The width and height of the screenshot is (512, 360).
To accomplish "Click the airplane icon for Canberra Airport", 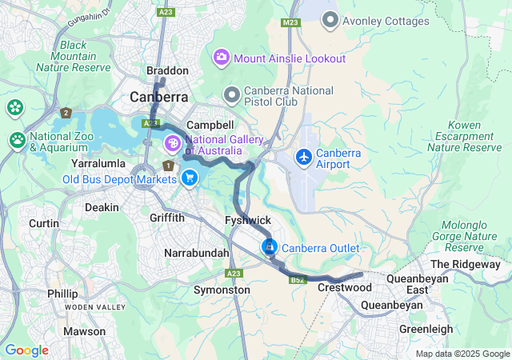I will [x=304, y=158].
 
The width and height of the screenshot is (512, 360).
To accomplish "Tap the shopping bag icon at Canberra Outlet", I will [x=270, y=247].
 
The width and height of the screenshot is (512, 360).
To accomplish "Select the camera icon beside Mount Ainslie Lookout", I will [x=221, y=58].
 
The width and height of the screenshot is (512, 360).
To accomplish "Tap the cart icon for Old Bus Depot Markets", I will [x=190, y=178].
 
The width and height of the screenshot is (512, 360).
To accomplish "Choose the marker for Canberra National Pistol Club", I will [x=232, y=96].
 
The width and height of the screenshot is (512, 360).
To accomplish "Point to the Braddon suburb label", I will [x=167, y=71].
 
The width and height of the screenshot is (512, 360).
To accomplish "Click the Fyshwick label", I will [x=249, y=220].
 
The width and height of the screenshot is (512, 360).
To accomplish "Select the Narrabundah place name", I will [x=196, y=253].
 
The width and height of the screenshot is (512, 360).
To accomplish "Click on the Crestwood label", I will [x=342, y=287].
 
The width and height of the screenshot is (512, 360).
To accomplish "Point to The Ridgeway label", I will [x=465, y=264].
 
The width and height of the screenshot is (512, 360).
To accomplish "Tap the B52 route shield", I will [x=298, y=280].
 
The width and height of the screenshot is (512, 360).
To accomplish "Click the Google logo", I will [x=26, y=350].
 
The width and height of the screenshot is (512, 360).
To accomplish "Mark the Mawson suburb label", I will [x=84, y=331].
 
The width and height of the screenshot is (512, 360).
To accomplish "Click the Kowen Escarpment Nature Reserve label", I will [x=464, y=136].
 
